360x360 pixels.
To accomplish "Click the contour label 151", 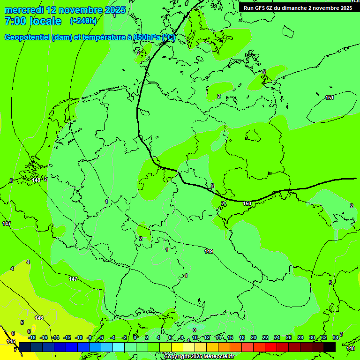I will pos(330,97).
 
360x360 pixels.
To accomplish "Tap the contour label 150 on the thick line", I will pos(247,203).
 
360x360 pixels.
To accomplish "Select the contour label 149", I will pos(209,252).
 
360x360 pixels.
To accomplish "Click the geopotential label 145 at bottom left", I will pos(11,342).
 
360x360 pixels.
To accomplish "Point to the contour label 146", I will pos(39,318).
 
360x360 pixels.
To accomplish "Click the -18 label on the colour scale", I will pos(32,337).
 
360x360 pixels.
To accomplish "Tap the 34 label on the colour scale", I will pos(335,337).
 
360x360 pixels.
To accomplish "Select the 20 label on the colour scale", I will pos(253,337).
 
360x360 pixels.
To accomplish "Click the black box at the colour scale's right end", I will pos(330,347).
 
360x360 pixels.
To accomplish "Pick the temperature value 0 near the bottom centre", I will pos(195,330).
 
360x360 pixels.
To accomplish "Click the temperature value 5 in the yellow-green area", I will pos(22,322).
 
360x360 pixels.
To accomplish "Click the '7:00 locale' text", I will pos(33,21).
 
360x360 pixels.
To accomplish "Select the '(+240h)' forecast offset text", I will pos(83,21).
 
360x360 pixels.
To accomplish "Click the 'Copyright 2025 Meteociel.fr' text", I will pos(199,357).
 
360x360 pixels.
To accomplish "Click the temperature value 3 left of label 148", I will pos(11,180).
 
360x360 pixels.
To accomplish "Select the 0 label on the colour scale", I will pos(135,337).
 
